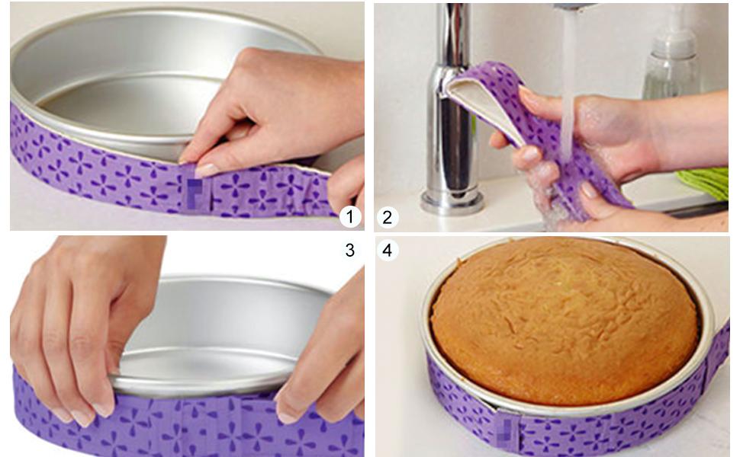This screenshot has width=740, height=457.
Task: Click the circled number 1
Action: tap(349, 218)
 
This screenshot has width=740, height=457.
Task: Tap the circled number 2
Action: tap(387, 218)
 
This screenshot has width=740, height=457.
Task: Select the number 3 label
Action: tap(349, 250)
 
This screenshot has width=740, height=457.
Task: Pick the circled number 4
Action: tap(387, 250)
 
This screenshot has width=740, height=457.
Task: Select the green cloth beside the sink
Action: tap(706, 183)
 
